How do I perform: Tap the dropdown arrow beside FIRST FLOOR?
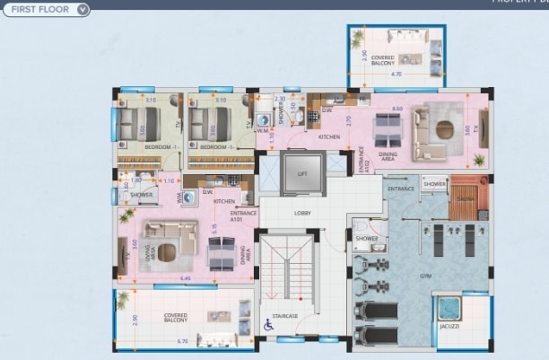83,10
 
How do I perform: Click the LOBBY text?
302,213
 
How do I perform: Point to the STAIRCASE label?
285,315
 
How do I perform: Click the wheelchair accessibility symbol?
267,326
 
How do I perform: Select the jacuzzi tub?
446,308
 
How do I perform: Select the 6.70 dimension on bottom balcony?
183,342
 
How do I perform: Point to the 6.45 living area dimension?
185,278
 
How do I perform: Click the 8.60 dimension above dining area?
397,109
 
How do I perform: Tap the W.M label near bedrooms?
262,130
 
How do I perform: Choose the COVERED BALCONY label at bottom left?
176,318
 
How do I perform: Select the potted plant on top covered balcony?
359,37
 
